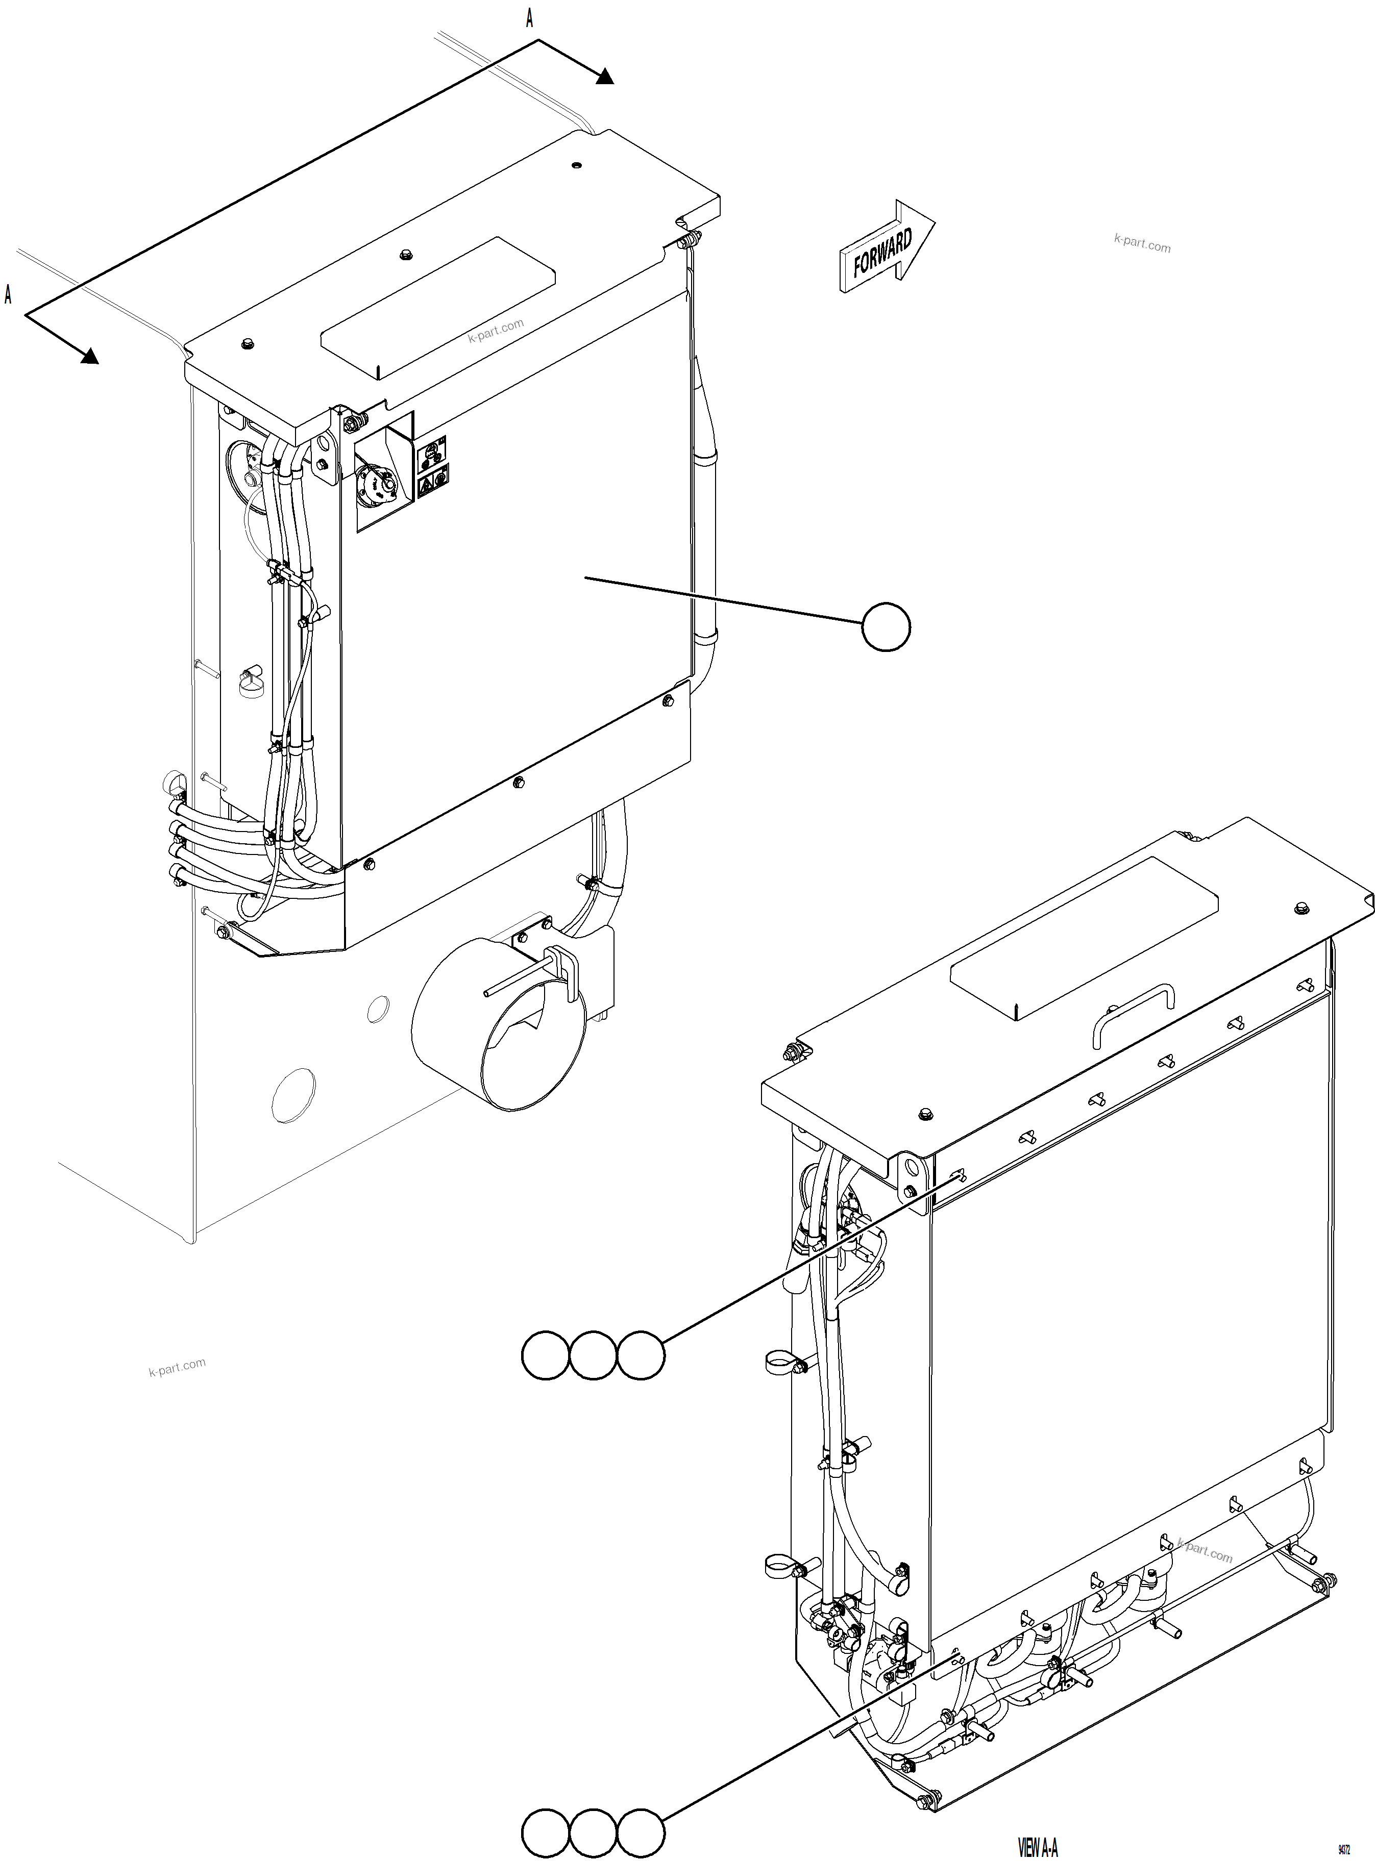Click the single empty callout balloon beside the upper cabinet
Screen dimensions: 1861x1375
tap(886, 627)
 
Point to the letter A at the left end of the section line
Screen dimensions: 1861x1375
tap(8, 294)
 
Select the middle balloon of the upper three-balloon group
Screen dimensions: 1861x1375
tap(593, 1356)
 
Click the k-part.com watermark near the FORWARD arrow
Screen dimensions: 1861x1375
tap(1142, 244)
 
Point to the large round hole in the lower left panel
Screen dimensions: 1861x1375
tap(294, 1095)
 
